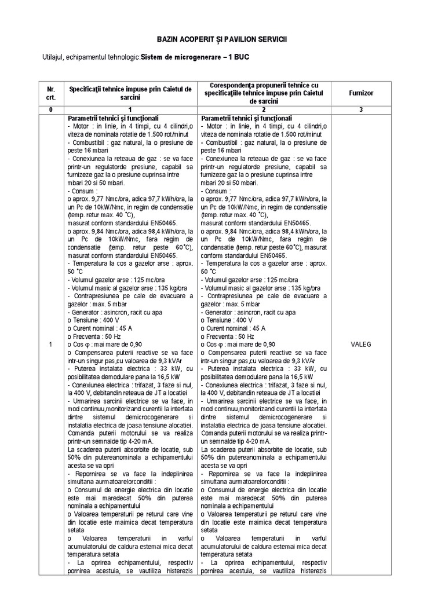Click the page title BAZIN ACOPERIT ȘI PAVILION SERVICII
(222, 38)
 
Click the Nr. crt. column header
(51, 93)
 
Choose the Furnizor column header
(361, 93)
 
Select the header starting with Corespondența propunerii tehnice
(265, 93)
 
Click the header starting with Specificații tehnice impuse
(130, 93)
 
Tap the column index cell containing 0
(51, 109)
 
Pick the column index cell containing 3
(361, 109)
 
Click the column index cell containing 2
(265, 109)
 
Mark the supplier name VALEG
(361, 344)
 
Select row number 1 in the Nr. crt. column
(51, 345)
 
